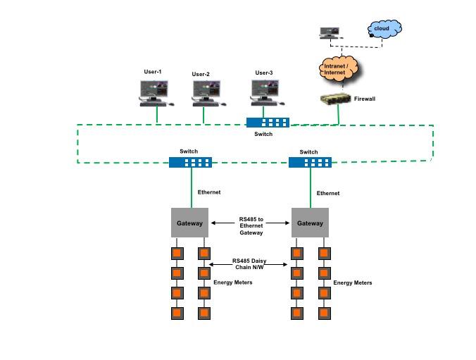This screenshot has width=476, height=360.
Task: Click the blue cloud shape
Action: pyautogui.click(x=384, y=29)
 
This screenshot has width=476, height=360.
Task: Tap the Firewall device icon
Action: pyautogui.click(x=335, y=99)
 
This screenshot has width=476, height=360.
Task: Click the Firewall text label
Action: pyautogui.click(x=364, y=99)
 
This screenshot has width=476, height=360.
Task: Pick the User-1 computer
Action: pyautogui.click(x=154, y=92)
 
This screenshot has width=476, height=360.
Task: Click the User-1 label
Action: pyautogui.click(x=153, y=72)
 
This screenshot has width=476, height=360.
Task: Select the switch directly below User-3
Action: pyautogui.click(x=268, y=122)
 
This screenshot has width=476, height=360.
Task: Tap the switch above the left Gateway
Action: pyautogui.click(x=190, y=162)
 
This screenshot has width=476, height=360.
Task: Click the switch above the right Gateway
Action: pyautogui.click(x=310, y=162)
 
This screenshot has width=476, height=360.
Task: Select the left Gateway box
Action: pyautogui.click(x=189, y=223)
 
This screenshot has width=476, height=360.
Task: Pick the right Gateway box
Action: pyautogui.click(x=310, y=223)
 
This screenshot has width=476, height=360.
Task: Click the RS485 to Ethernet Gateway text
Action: pyautogui.click(x=251, y=225)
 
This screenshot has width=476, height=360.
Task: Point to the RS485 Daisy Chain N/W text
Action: pyautogui.click(x=250, y=263)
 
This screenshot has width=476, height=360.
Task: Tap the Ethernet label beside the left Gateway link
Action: pyautogui.click(x=209, y=192)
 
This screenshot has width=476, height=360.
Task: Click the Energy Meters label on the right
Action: pyautogui.click(x=352, y=283)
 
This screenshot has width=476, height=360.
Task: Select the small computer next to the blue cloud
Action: pyautogui.click(x=329, y=32)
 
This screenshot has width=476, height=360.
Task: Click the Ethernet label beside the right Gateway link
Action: pyautogui.click(x=327, y=193)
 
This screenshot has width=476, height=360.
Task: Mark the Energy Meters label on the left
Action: pyautogui.click(x=232, y=282)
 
